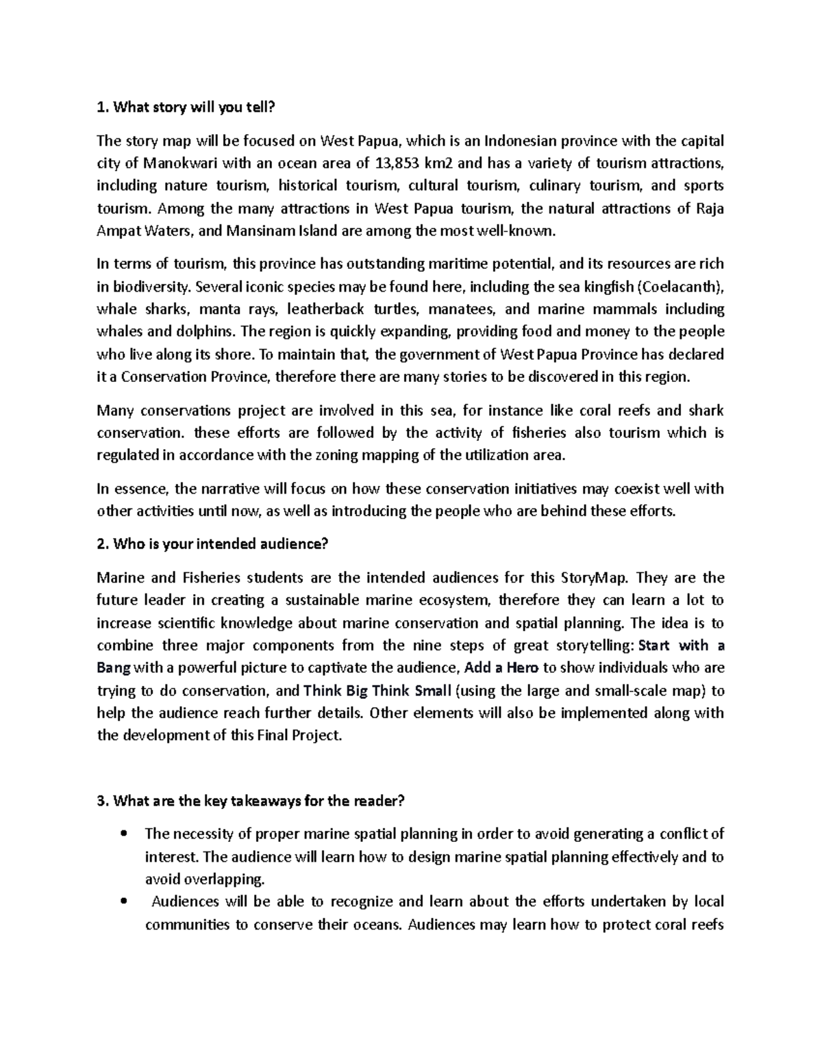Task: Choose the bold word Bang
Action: pyautogui.click(x=112, y=668)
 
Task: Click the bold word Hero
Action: pyautogui.click(x=521, y=668)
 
